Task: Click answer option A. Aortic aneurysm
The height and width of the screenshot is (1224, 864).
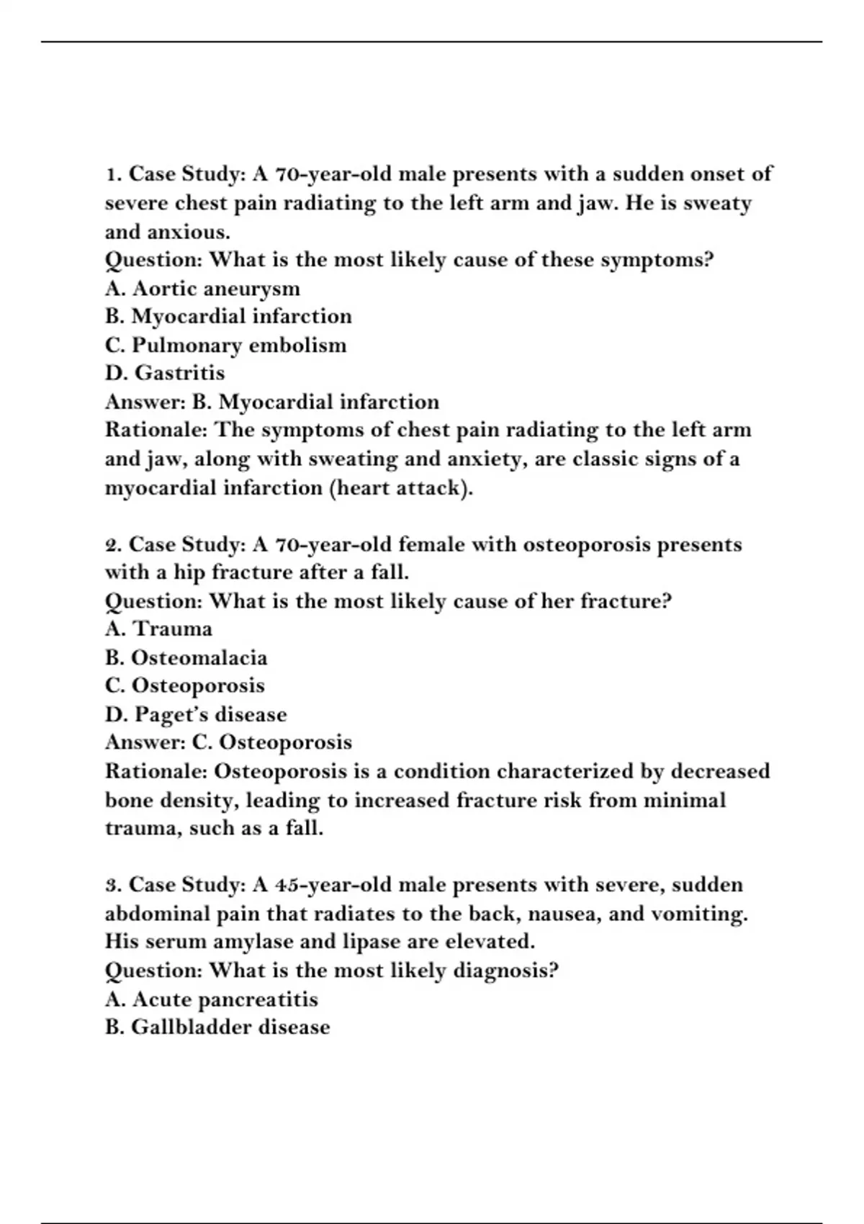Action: [x=202, y=289]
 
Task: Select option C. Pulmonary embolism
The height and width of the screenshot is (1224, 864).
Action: [x=225, y=346]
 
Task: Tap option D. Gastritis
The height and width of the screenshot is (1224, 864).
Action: [x=165, y=373]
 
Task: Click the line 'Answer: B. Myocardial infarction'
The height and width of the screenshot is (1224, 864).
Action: [x=272, y=402]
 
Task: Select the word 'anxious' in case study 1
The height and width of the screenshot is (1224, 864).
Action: [x=189, y=232]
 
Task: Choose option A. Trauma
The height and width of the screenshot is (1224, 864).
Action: [x=158, y=629]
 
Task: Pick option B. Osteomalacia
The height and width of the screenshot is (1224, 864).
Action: [x=186, y=658]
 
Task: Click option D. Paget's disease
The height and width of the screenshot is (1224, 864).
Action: [x=196, y=714]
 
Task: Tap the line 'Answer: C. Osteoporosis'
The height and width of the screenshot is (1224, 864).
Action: [x=229, y=742]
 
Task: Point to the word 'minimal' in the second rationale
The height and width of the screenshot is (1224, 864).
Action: [x=684, y=800]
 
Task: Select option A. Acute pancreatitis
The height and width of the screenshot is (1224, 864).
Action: [x=211, y=999]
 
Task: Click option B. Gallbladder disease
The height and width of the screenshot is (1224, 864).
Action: [x=217, y=1027]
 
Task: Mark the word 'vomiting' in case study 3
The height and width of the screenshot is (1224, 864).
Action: [x=699, y=914]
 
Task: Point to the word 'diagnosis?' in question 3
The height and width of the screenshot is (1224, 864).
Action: [x=505, y=971]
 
